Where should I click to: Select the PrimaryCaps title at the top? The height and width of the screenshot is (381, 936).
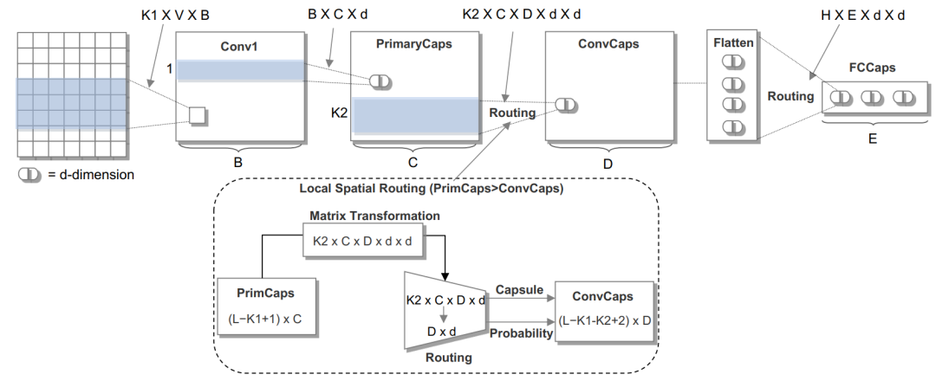click(413, 43)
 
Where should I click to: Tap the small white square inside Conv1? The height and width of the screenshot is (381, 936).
click(197, 115)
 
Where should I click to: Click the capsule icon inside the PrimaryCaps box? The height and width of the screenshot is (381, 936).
click(380, 81)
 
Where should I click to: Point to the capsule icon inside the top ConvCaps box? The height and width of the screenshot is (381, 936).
click(565, 105)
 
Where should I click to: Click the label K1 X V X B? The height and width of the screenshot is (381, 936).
click(175, 16)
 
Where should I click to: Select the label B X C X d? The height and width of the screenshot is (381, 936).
click(337, 14)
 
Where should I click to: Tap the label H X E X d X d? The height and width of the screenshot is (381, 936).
click(862, 16)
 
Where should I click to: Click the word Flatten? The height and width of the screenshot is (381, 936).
click(733, 43)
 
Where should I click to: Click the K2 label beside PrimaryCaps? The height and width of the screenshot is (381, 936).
click(339, 113)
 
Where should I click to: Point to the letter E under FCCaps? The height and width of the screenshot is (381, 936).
click(872, 139)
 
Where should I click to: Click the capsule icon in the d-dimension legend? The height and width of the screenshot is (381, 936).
click(29, 175)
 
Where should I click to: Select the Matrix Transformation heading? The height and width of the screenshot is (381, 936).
click(375, 216)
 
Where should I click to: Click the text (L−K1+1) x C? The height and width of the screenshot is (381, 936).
click(264, 319)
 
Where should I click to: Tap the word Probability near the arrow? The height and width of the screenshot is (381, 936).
click(521, 334)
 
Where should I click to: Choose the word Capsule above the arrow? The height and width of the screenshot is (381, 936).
click(519, 290)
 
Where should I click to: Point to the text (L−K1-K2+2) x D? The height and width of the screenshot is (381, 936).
click(605, 320)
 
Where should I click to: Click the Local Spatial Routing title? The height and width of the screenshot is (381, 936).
click(432, 190)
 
